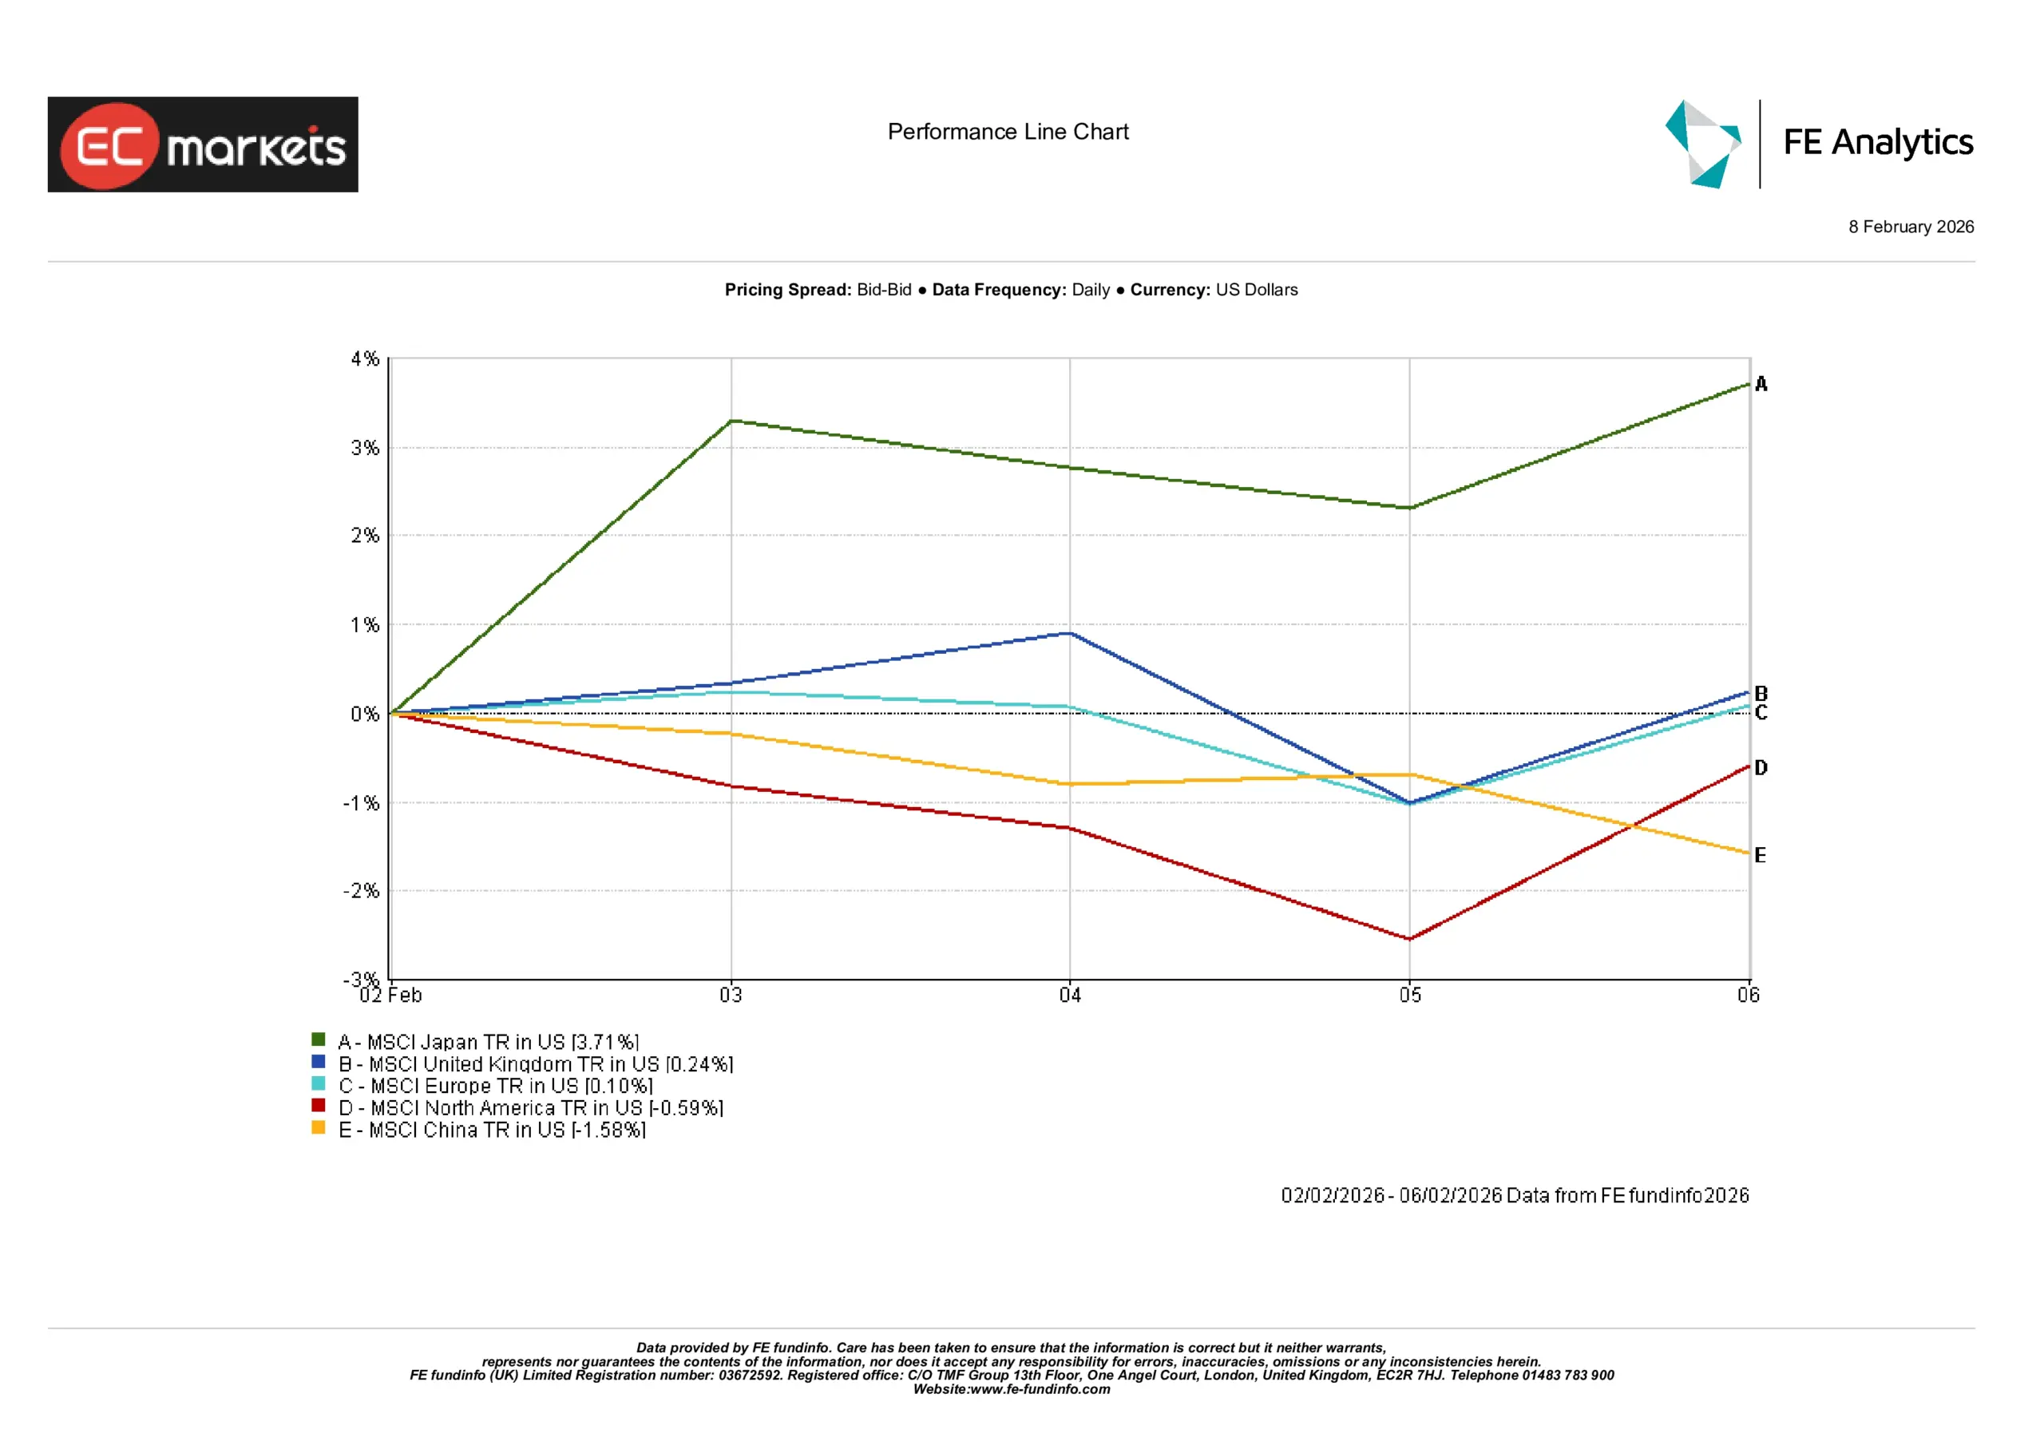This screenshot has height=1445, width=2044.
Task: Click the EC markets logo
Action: (x=203, y=144)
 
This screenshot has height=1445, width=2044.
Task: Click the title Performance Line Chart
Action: (x=1008, y=132)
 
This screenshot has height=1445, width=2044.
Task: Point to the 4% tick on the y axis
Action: (x=364, y=358)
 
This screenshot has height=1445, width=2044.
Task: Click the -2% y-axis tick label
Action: (x=362, y=891)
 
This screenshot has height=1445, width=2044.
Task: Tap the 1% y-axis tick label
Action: (x=364, y=625)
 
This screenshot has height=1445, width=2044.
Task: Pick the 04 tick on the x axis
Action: (x=1070, y=996)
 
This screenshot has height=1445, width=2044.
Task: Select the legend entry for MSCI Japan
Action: (x=488, y=1042)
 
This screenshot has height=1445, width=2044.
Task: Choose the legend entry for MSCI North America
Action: (x=531, y=1107)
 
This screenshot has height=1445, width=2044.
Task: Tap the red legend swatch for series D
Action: (x=318, y=1106)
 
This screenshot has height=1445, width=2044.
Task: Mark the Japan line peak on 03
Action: (x=731, y=420)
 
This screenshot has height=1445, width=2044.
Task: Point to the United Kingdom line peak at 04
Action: (x=1070, y=634)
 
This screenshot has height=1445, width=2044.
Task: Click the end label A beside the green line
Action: (x=1761, y=385)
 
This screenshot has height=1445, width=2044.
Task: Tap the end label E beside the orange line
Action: (x=1760, y=856)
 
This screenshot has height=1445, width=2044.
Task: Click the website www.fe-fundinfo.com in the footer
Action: (x=1040, y=1389)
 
